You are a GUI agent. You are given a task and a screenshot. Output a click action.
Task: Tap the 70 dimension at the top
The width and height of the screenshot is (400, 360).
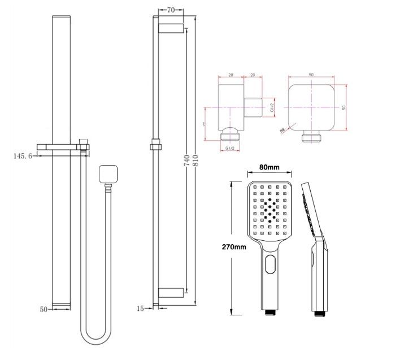(169, 10)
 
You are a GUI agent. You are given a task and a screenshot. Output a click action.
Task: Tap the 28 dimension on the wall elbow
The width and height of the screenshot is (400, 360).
(232, 74)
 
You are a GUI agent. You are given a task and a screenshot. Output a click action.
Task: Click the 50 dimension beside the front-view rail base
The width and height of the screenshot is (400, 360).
(44, 309)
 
